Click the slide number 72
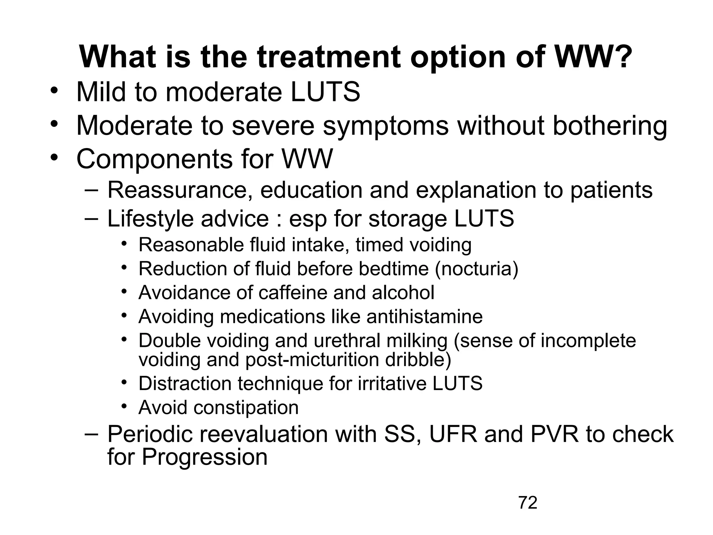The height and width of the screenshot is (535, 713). click(x=528, y=503)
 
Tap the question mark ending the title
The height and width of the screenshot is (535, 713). click(x=622, y=57)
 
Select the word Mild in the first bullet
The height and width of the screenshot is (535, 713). click(x=101, y=92)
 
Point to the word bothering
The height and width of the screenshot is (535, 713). click(x=610, y=126)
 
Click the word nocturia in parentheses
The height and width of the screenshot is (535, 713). click(x=477, y=269)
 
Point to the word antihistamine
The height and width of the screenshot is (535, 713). click(x=424, y=317)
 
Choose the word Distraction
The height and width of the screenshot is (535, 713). click(x=185, y=383)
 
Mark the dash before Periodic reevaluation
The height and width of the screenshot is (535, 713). click(x=91, y=434)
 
